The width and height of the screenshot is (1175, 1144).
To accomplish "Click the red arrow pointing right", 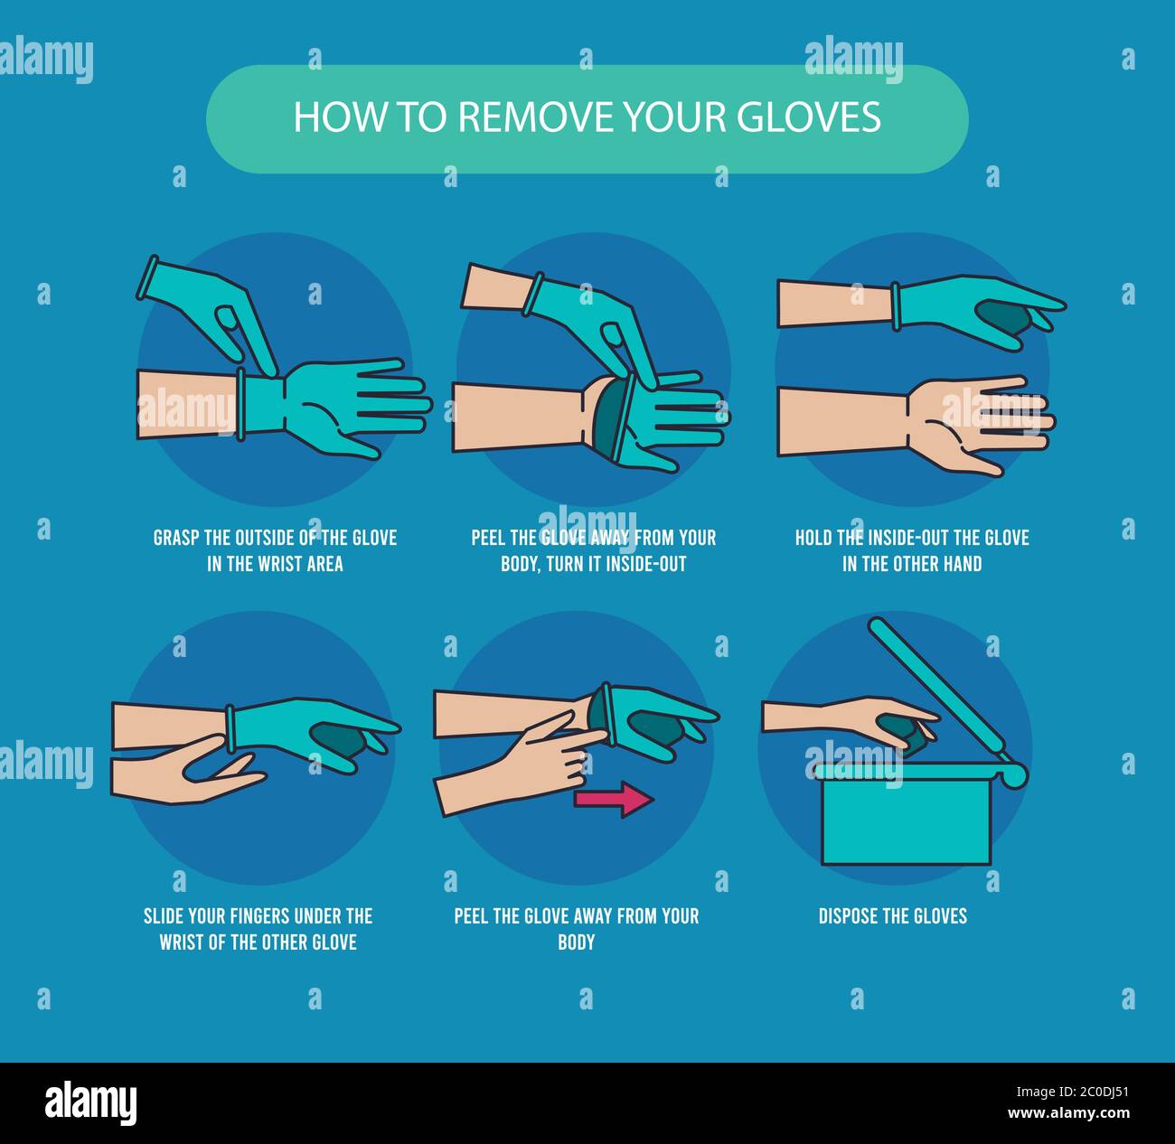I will (x=614, y=799).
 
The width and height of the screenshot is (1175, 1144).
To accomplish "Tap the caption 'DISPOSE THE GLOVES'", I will (x=892, y=915).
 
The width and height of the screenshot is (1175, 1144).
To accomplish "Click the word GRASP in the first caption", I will (x=176, y=538).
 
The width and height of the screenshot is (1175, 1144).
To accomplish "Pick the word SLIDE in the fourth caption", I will (x=165, y=915).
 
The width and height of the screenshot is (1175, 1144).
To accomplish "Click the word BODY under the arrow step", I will (x=576, y=942).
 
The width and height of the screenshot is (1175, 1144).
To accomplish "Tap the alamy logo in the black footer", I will (x=90, y=1103).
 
